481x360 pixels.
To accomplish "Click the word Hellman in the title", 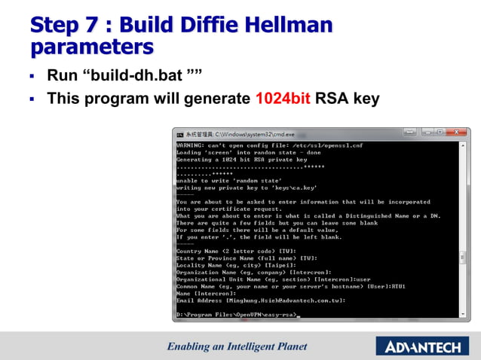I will (x=290, y=25).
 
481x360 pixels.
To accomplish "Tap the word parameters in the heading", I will (x=91, y=47).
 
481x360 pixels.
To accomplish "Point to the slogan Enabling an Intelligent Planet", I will (x=237, y=346).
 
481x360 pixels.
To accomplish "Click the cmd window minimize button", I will (x=409, y=133).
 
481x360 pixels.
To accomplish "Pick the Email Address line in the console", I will (x=261, y=300).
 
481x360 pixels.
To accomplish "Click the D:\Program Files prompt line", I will (x=238, y=314).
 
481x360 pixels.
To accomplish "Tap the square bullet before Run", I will (x=32, y=76).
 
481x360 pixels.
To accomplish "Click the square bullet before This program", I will (x=32, y=99).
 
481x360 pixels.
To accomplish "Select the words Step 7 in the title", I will (x=63, y=25).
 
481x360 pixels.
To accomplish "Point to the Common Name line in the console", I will (x=291, y=285).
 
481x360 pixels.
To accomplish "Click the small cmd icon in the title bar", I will (x=180, y=134).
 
